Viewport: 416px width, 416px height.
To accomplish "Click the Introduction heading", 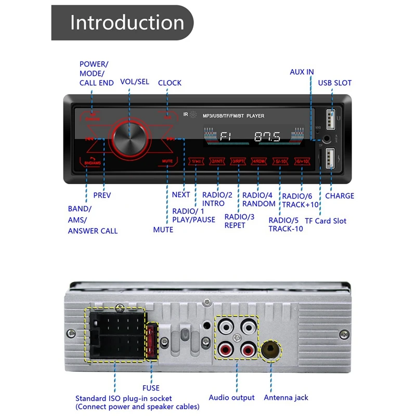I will pyautogui.click(x=127, y=23).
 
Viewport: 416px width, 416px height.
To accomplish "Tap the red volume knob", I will pyautogui.click(x=127, y=138).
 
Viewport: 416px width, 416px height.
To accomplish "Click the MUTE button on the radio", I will pyautogui.click(x=167, y=161).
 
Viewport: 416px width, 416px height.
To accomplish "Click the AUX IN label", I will pyautogui.click(x=302, y=72).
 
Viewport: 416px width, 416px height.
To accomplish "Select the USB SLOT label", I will pyautogui.click(x=334, y=83).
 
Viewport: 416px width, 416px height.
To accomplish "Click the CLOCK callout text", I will pyautogui.click(x=170, y=83).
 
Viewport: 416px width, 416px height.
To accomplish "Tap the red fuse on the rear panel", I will pyautogui.click(x=152, y=342).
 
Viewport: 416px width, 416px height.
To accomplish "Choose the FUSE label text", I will pyautogui.click(x=151, y=388).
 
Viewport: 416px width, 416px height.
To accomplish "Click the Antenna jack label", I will pyautogui.click(x=286, y=398).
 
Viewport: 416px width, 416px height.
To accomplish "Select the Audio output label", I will pyautogui.click(x=232, y=398).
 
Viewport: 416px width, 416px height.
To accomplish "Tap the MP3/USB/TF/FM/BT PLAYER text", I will pyautogui.click(x=233, y=115).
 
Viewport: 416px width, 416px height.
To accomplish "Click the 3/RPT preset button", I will pyautogui.click(x=239, y=161).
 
